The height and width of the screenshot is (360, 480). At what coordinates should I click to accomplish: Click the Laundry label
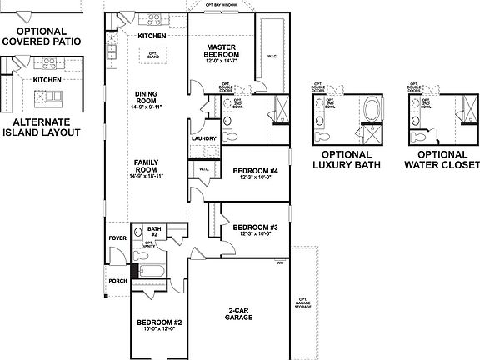(204, 138)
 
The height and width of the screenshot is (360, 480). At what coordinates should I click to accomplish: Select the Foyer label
(117, 237)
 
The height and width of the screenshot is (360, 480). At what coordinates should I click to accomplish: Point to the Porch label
(118, 281)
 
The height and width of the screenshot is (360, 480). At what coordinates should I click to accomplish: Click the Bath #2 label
(154, 230)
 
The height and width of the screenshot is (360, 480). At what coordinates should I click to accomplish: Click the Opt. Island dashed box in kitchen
(152, 55)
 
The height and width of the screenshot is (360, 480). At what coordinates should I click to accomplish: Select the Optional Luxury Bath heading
(346, 159)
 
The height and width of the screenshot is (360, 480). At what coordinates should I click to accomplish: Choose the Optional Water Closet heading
(442, 159)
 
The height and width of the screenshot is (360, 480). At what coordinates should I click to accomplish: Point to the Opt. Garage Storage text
(303, 305)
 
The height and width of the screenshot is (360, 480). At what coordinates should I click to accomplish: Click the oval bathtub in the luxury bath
(370, 110)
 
